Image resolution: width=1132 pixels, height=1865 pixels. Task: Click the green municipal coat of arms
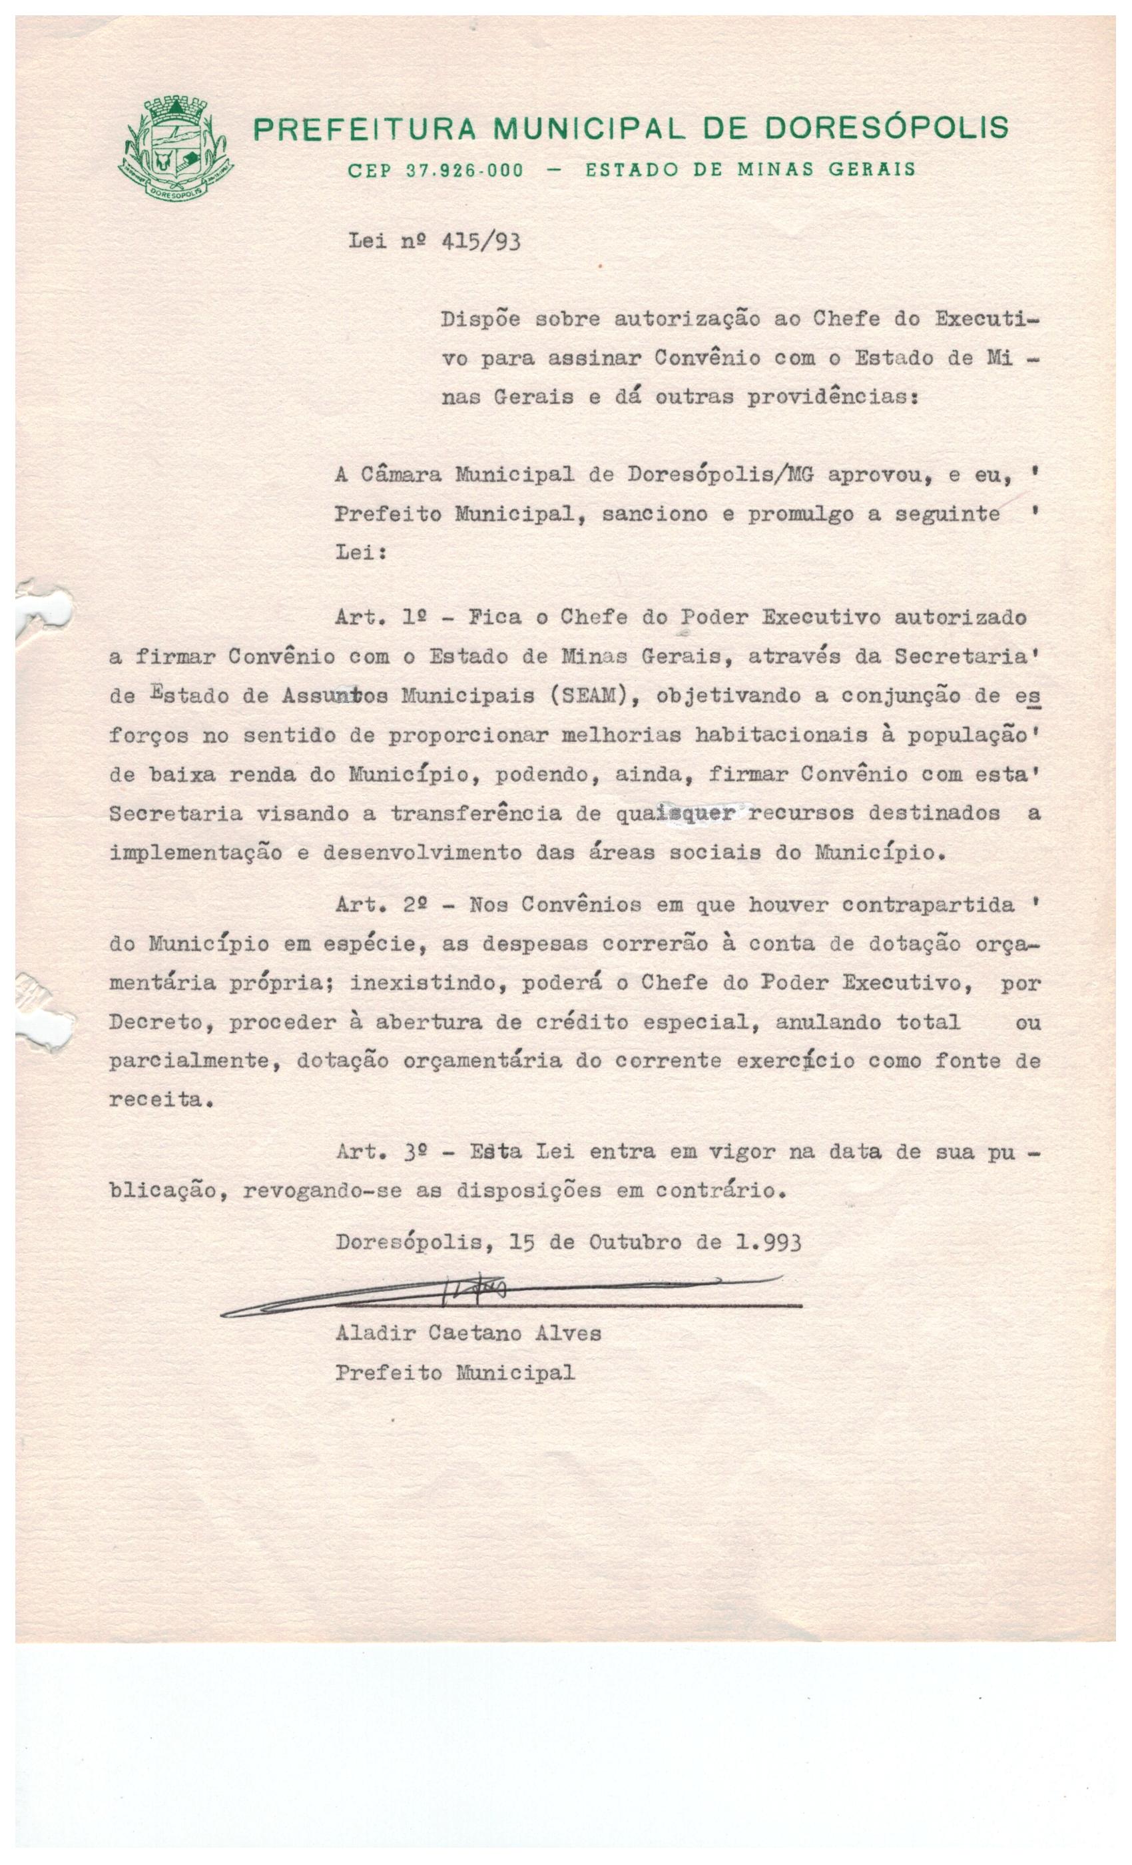pos(176,149)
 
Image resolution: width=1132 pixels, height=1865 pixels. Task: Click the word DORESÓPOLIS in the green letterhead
pos(886,128)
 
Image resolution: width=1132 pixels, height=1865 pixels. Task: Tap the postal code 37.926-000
pos(465,171)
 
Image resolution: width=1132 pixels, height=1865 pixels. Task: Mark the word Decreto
pos(156,1022)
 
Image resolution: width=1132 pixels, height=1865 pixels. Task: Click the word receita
pos(156,1100)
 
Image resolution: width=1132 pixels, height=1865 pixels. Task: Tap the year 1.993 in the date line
pos(768,1242)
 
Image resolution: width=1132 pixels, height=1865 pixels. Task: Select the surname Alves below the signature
pos(568,1333)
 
